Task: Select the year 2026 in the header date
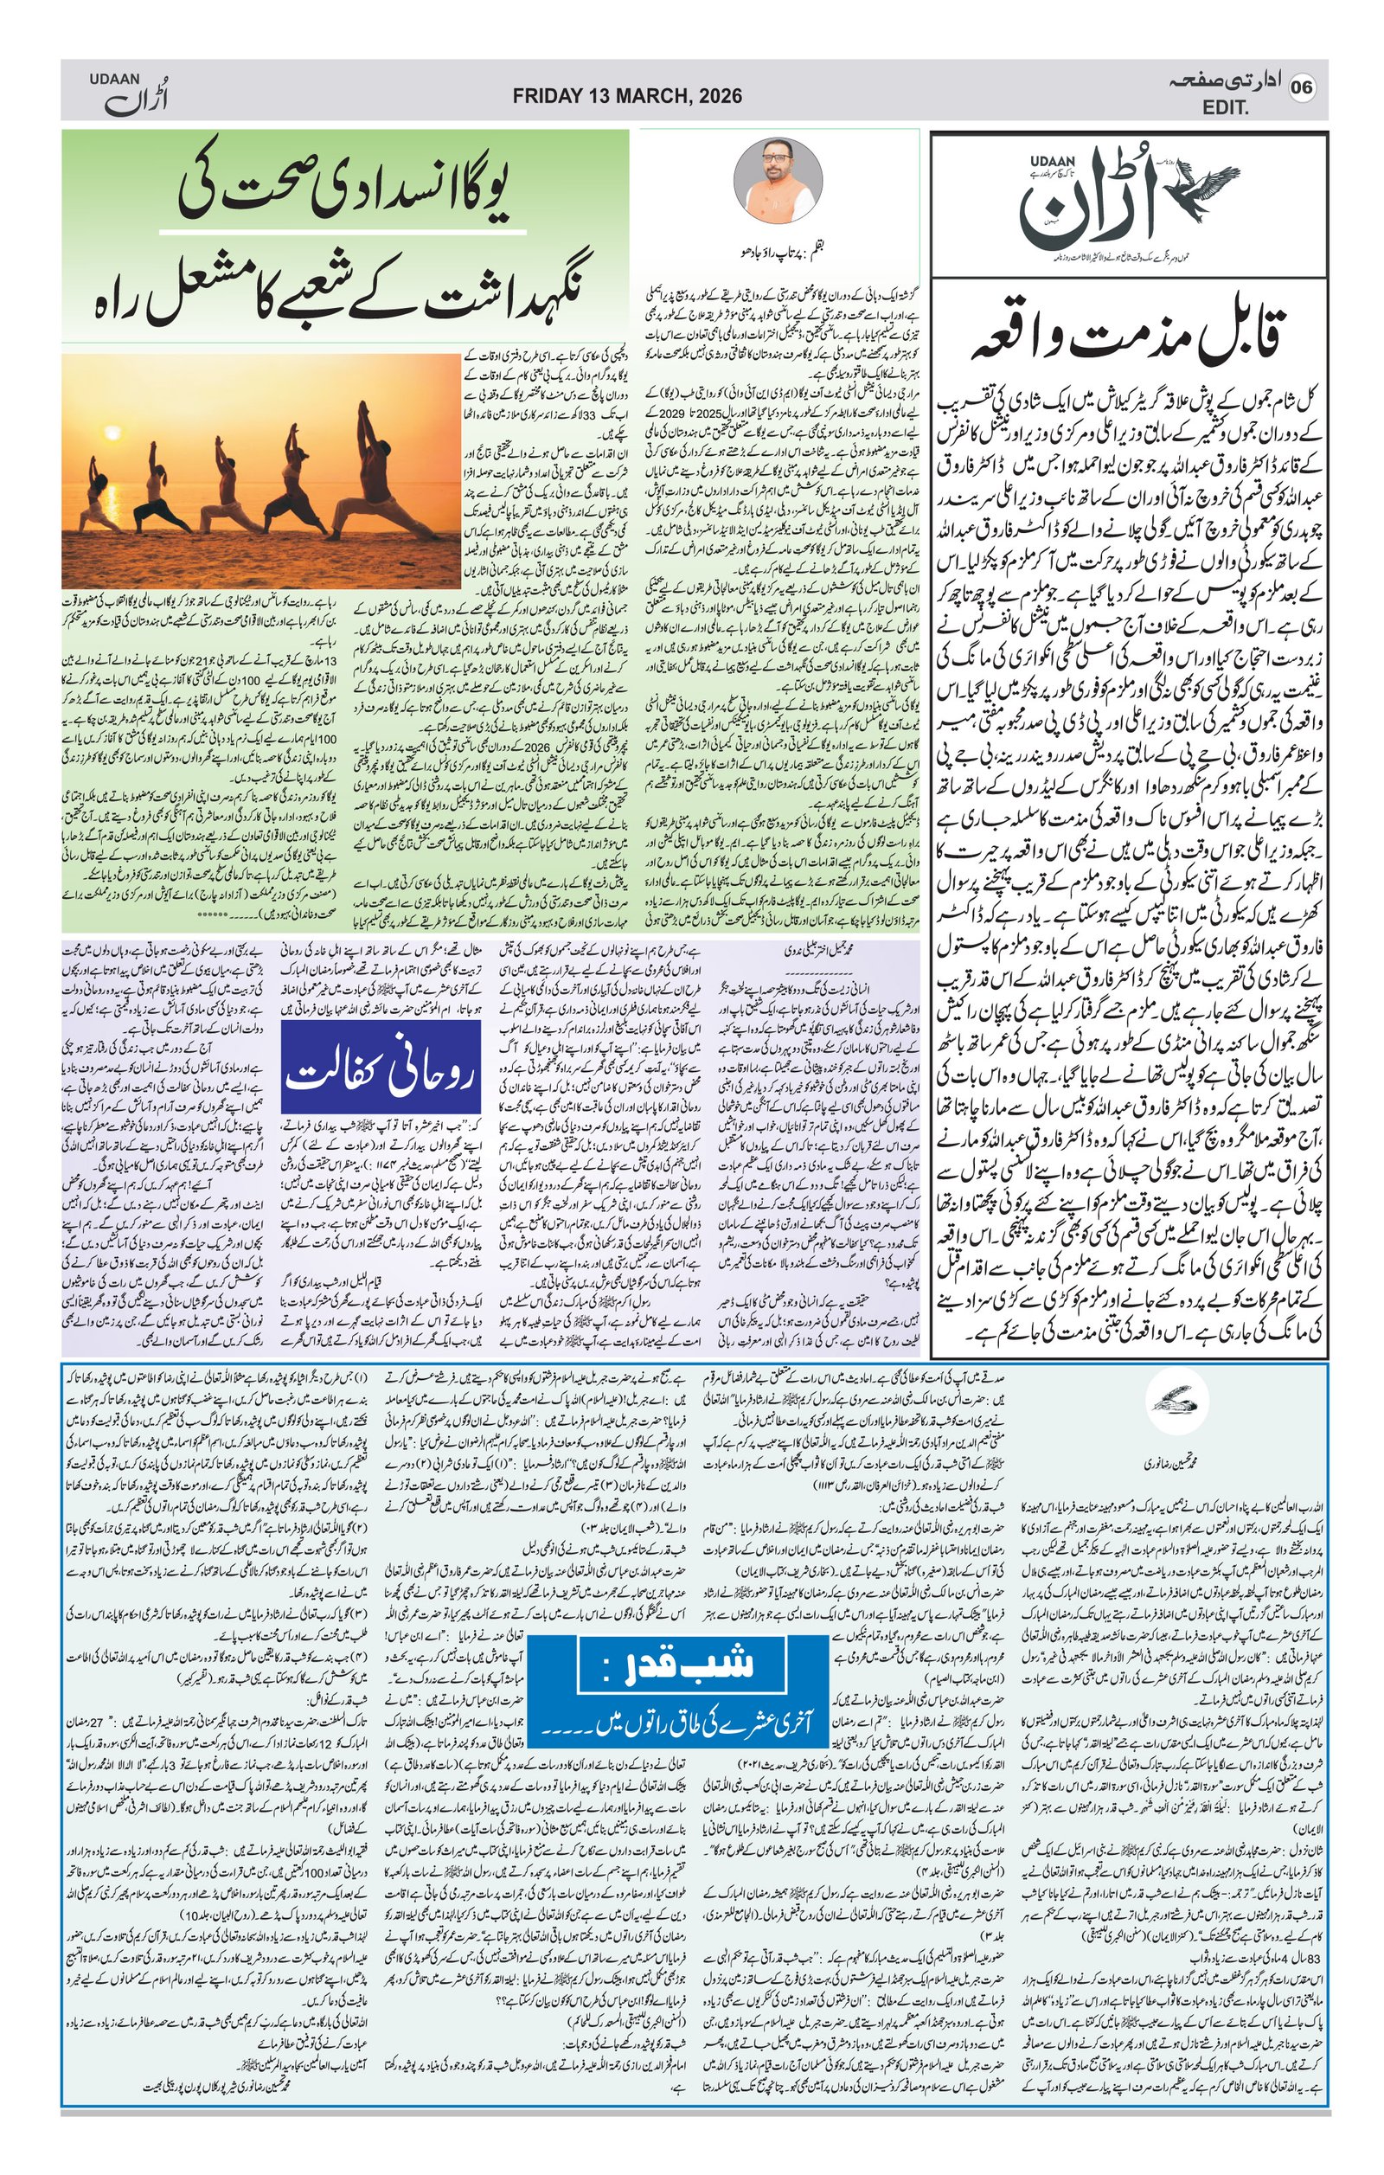pyautogui.click(x=719, y=96)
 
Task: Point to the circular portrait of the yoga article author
pyautogui.click(x=778, y=180)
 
